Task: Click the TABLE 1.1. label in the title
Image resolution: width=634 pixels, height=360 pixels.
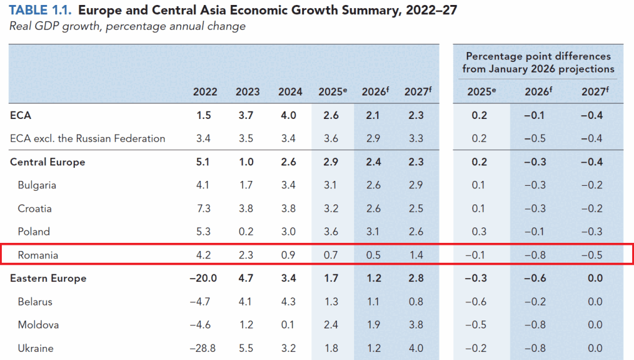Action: [40, 10]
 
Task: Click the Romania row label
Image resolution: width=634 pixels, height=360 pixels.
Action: [38, 255]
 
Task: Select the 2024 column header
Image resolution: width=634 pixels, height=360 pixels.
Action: [290, 92]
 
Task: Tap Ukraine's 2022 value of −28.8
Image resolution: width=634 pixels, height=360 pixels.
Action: [202, 348]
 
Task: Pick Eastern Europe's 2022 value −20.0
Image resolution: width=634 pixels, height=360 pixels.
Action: [203, 278]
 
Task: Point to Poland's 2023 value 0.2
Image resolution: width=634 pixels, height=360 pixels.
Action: [246, 232]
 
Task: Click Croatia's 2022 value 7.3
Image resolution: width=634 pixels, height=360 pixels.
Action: [203, 209]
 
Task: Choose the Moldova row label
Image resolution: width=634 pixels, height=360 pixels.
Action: [38, 325]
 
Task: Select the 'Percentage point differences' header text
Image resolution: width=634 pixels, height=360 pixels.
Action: [538, 56]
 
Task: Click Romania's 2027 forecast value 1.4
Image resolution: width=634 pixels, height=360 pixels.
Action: [416, 255]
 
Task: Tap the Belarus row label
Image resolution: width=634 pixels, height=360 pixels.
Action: [35, 302]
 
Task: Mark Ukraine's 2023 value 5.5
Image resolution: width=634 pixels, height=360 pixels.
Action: [246, 348]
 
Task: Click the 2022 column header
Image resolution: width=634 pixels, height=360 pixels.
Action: [205, 92]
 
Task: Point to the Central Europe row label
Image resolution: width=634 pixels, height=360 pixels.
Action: [47, 162]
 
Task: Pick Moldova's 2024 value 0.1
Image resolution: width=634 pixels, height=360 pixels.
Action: [288, 325]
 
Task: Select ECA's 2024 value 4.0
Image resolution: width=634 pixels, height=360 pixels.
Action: [289, 116]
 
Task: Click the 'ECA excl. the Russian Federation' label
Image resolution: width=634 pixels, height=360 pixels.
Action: [88, 139]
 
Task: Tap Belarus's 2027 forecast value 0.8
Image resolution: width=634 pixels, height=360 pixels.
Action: [416, 302]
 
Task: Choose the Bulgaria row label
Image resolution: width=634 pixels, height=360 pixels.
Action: [37, 185]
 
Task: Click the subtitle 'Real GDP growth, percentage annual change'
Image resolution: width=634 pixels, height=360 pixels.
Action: [128, 26]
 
